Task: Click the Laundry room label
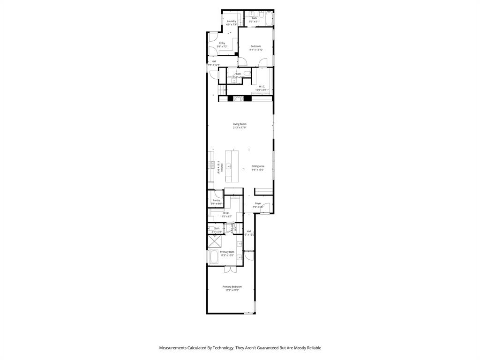(x=232, y=21)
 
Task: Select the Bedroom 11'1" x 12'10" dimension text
(x=255, y=50)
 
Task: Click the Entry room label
(x=222, y=43)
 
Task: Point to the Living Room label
(x=240, y=124)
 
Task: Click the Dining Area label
(x=258, y=166)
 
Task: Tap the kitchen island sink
(x=229, y=166)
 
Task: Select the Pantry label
(x=216, y=200)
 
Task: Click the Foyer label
(x=258, y=203)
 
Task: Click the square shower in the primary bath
(x=214, y=241)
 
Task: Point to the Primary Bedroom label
(x=232, y=287)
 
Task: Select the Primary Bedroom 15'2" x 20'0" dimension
(x=232, y=291)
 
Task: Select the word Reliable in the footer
(x=313, y=348)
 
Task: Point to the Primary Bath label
(x=227, y=252)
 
